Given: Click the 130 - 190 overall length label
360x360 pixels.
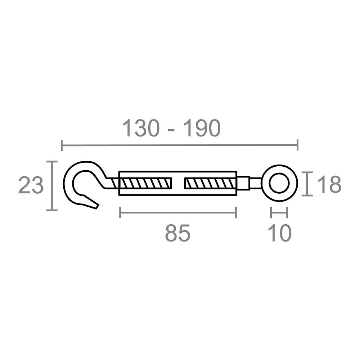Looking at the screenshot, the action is coord(171,129).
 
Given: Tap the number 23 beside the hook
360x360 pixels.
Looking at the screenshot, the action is coord(31,185).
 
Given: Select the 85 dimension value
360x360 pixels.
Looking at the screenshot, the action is coord(178,233).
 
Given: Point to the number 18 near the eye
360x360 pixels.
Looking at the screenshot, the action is coord(329,184).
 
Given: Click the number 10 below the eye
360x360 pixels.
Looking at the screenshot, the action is coord(279,233).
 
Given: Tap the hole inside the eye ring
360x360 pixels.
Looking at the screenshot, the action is coord(279,184).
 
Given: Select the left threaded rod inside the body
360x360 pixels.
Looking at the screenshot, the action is coord(145,184).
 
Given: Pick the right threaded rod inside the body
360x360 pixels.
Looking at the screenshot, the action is coord(211,184).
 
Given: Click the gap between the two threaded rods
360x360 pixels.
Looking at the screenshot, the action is coord(178,184).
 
